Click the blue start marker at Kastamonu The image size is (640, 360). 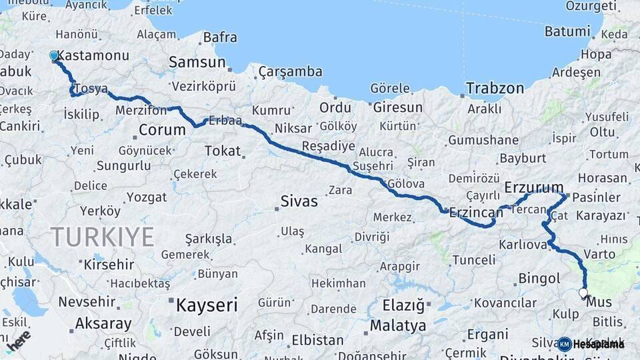pos(54,56)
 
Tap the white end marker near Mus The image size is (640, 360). pos(583,293)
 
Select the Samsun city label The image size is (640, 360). pos(197,62)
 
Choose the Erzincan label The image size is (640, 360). pos(476,212)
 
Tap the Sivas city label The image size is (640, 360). pos(299,201)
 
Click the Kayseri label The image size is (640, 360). pos(206,306)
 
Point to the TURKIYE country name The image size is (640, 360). pos(103,237)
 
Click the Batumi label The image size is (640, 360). pos(567,31)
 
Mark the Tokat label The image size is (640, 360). pos(223,151)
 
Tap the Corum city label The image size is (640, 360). pos(162,129)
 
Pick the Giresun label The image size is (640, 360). pos(397,107)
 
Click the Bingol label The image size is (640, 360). pos(539,279)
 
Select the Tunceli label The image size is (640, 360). pos(474,259)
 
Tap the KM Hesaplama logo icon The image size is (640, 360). pos(565,344)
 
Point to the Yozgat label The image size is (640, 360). pos(147,197)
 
